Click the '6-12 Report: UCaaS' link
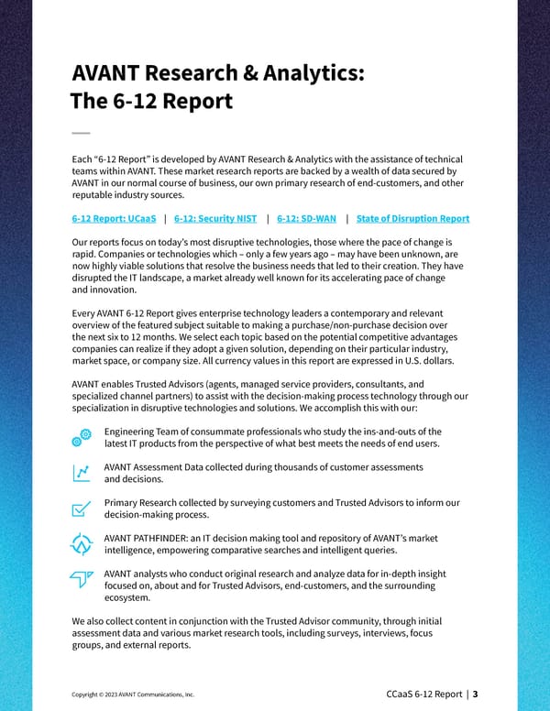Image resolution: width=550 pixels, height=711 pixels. [114, 218]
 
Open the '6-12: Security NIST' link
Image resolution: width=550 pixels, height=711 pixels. [215, 218]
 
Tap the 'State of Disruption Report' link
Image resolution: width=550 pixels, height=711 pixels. [412, 218]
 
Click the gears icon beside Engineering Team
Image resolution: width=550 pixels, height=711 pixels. [82, 438]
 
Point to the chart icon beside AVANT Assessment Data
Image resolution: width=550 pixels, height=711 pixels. [82, 473]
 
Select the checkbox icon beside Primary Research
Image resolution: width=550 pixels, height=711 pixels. [82, 509]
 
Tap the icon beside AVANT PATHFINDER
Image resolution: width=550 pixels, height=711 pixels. [82, 543]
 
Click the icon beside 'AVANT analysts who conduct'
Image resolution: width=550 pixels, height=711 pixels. [82, 579]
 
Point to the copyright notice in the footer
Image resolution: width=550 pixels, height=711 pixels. [132, 695]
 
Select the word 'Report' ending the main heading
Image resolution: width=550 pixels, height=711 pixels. [194, 100]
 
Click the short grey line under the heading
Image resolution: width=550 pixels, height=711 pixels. [80, 133]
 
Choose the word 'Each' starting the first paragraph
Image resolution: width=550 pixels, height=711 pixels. [82, 159]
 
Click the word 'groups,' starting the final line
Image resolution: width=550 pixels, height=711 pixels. [90, 644]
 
